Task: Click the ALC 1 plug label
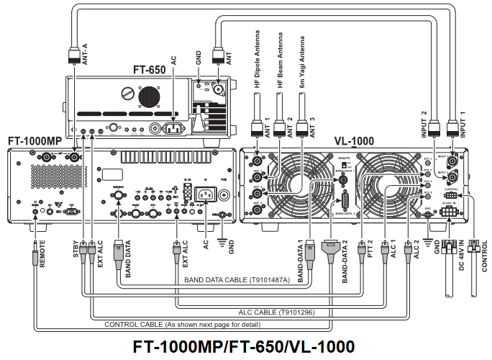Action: click(x=392, y=256)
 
